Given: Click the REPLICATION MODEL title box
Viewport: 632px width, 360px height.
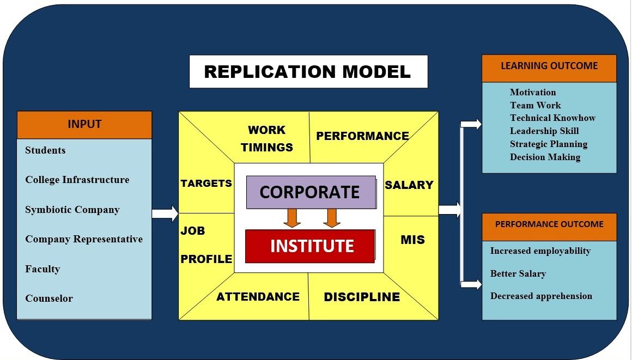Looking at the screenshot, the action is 308,71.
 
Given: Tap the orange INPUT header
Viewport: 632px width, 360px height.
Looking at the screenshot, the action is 84,125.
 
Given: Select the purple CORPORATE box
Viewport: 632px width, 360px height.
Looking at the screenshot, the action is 311,192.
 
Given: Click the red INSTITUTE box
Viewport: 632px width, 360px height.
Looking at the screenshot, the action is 311,246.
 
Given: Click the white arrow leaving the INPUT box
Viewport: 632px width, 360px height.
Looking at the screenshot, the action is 165,213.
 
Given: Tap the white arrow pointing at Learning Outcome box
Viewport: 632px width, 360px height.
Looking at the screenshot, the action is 471,124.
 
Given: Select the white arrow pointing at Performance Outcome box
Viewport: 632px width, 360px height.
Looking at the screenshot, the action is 471,285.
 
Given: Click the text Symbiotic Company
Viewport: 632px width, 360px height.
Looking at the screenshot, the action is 72,210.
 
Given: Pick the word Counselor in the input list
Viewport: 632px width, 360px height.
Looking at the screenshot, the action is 49,298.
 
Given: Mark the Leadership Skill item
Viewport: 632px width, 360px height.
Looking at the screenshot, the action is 544,131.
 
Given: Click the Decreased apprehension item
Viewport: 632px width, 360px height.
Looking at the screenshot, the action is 541,296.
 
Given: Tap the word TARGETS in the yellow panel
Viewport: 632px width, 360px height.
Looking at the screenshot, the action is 206,184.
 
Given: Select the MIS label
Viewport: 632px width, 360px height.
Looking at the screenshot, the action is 412,240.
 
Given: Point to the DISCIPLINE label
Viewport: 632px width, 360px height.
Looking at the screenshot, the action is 362,297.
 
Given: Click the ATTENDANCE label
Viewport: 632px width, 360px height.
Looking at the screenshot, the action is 258,297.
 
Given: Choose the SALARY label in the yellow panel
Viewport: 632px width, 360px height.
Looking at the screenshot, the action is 409,185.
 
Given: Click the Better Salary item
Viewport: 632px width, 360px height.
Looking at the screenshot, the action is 518,274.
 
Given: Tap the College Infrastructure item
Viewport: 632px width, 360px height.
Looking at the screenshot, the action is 77,180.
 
